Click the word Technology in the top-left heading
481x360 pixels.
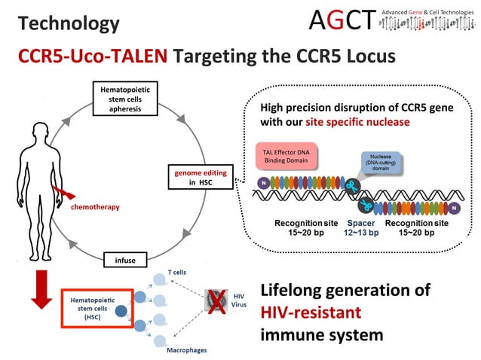pyautogui.click(x=69, y=23)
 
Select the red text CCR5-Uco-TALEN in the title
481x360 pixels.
pyautogui.click(x=95, y=56)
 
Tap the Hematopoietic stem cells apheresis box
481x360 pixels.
pyautogui.click(x=125, y=99)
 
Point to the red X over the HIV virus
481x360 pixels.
pyautogui.click(x=219, y=303)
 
